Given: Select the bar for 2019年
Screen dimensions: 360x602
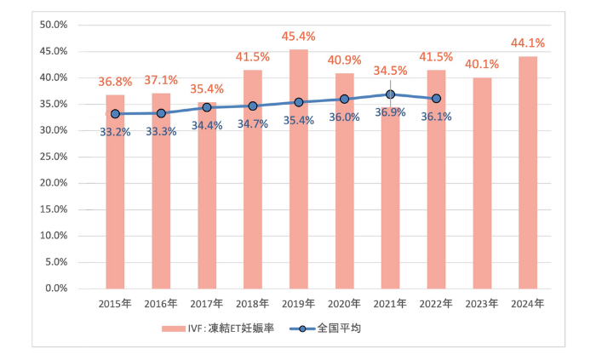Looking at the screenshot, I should click(x=298, y=170).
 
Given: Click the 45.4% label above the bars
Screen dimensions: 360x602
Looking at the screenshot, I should click(x=298, y=37).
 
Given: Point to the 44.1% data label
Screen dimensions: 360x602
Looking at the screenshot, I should click(x=527, y=43).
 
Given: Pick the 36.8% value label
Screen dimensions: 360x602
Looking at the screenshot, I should click(x=115, y=82).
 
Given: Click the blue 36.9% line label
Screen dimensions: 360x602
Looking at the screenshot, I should click(x=390, y=111).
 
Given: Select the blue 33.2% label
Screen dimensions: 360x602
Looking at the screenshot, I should click(x=115, y=131).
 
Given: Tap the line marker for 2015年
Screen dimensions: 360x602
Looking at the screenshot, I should click(x=115, y=113).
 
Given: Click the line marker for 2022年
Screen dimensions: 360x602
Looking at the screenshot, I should click(x=436, y=98).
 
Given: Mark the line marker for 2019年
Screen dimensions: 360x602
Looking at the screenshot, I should click(x=298, y=102).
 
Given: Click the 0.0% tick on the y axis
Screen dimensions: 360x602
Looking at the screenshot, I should click(x=56, y=289).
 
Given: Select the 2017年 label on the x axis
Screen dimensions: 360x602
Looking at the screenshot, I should click(x=207, y=302).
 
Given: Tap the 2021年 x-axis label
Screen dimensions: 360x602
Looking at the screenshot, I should click(x=390, y=302).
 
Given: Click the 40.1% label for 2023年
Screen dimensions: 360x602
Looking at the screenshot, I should click(x=481, y=65).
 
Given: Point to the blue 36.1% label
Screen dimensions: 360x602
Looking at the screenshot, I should click(x=436, y=117).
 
